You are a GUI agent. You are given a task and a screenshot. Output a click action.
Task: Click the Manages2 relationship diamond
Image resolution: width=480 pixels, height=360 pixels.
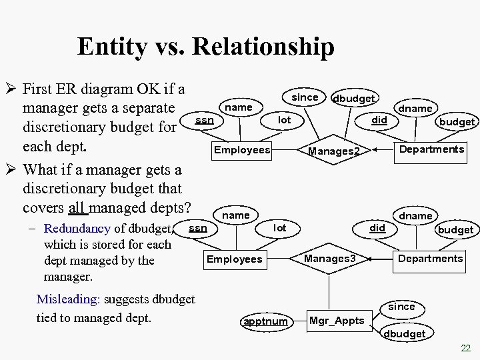pos(335,151)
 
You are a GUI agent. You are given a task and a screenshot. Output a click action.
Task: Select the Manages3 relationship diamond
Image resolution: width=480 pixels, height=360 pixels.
pos(331,258)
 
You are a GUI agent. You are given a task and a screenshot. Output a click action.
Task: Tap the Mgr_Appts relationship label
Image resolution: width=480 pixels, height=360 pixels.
pos(337,321)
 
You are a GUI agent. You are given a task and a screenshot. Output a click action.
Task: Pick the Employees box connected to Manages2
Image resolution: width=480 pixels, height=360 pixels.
pos(241,150)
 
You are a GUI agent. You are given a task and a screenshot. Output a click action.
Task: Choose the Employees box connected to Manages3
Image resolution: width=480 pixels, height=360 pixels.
pos(235,259)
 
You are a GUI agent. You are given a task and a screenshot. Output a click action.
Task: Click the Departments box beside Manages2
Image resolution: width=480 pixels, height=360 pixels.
pos(431,149)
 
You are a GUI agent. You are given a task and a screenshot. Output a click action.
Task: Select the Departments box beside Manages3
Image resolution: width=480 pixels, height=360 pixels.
pos(430,258)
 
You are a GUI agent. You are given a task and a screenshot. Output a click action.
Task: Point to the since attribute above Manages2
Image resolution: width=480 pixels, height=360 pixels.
pos(305,97)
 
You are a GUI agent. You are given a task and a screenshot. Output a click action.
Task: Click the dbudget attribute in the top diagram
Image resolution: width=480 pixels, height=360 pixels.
pos(354,98)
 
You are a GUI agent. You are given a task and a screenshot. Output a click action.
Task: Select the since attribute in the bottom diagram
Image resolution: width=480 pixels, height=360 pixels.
pos(401,307)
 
